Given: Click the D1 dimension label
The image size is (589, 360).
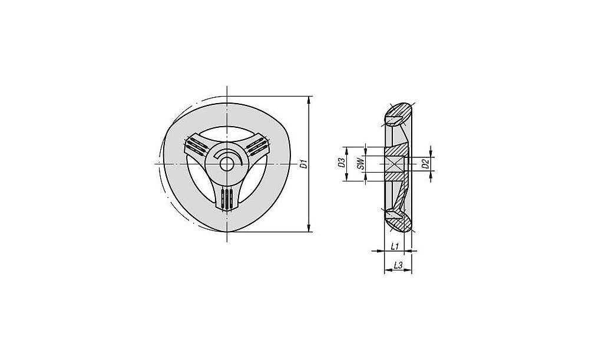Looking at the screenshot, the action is click(x=305, y=164).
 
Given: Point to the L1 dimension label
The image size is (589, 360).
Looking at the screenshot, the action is click(x=395, y=246).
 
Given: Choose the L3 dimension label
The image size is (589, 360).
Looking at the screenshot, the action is click(x=398, y=265).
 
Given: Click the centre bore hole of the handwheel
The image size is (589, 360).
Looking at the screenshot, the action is click(x=227, y=164).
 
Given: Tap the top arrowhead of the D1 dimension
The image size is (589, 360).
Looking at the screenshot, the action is click(x=309, y=100).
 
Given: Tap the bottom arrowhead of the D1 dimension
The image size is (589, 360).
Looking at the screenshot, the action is click(x=309, y=228).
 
